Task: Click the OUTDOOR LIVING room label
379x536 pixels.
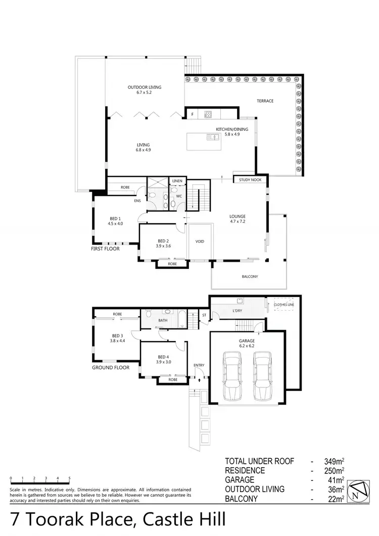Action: (x=144, y=87)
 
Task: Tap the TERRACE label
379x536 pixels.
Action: (x=265, y=101)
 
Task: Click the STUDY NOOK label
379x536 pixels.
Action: (x=250, y=179)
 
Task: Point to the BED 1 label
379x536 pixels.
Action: (x=115, y=218)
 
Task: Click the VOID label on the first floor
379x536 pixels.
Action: (x=200, y=241)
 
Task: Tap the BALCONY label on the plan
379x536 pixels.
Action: (x=250, y=276)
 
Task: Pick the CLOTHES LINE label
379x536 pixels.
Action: (x=283, y=305)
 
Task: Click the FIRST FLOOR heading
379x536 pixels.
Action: (x=105, y=249)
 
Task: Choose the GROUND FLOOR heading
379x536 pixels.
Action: (x=109, y=368)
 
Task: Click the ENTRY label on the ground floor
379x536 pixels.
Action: (x=199, y=365)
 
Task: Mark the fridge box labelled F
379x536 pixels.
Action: (x=193, y=115)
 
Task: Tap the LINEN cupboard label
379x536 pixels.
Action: (x=177, y=180)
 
